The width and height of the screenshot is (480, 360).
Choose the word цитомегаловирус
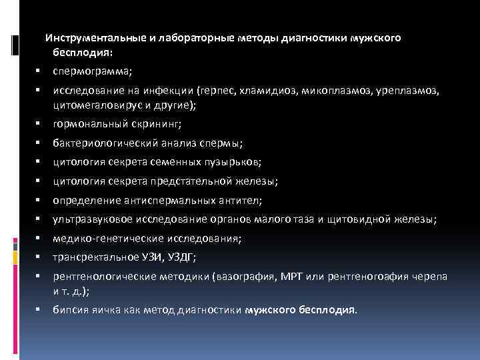(x=92, y=105)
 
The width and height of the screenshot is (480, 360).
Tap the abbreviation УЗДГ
(x=200, y=257)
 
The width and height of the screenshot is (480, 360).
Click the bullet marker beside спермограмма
(x=39, y=70)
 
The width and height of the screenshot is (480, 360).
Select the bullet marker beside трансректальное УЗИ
(x=39, y=257)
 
